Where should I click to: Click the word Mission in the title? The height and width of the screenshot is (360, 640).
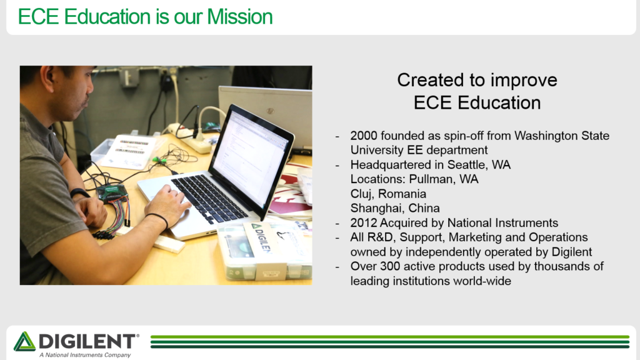(x=239, y=17)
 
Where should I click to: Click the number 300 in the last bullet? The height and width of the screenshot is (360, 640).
(x=390, y=266)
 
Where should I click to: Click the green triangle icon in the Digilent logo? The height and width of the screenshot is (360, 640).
(x=24, y=341)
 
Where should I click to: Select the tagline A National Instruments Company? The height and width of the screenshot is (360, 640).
(x=85, y=355)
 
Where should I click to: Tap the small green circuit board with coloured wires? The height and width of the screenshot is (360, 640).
(x=111, y=192)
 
